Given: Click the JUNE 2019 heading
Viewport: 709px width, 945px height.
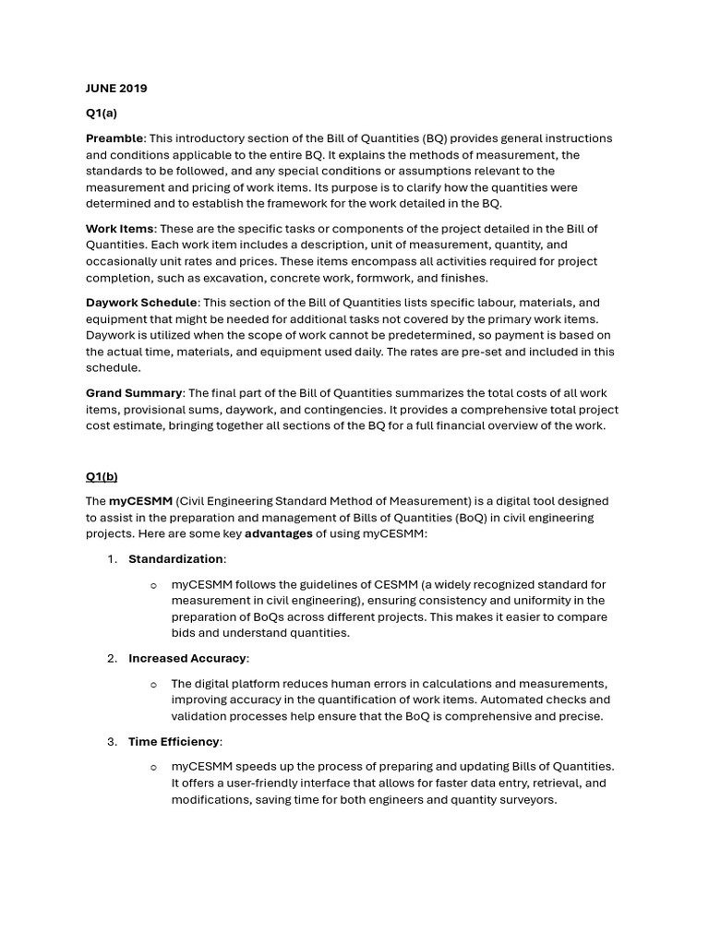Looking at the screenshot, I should tap(116, 89).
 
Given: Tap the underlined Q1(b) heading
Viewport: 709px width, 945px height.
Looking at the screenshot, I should tap(102, 476).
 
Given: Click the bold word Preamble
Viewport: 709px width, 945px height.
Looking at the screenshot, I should tap(114, 138).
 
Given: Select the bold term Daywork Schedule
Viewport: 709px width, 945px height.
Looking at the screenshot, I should tap(141, 303).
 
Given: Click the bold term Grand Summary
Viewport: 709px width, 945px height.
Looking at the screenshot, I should tap(134, 393).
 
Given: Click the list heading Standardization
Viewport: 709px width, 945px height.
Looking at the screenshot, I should tap(175, 558).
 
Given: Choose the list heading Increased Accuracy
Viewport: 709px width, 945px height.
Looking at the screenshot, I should tap(187, 658).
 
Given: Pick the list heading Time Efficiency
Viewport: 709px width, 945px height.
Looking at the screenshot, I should tap(174, 741).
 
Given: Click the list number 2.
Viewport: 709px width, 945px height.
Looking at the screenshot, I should tap(111, 658).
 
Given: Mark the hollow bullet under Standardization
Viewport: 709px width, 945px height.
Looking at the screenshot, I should tap(153, 584).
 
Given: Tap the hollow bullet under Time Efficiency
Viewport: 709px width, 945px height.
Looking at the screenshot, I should tap(153, 767).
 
